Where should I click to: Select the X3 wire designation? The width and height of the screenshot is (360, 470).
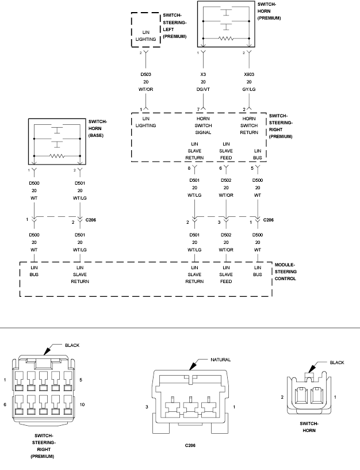(x=203, y=74)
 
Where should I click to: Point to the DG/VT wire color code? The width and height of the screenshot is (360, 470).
(x=203, y=89)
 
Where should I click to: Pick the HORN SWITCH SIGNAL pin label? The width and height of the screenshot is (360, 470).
(x=203, y=125)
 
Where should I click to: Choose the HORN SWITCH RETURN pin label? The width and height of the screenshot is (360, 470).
(x=248, y=125)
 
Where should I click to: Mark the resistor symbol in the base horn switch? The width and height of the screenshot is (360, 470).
(x=57, y=155)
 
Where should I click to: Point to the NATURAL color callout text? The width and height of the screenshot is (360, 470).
(x=220, y=360)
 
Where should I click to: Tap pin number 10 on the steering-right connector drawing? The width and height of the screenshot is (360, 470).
(x=83, y=405)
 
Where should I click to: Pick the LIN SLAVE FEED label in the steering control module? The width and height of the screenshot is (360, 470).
(x=226, y=275)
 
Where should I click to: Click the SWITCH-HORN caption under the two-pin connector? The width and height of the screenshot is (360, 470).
(x=309, y=426)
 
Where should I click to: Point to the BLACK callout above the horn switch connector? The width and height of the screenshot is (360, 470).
(x=338, y=362)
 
